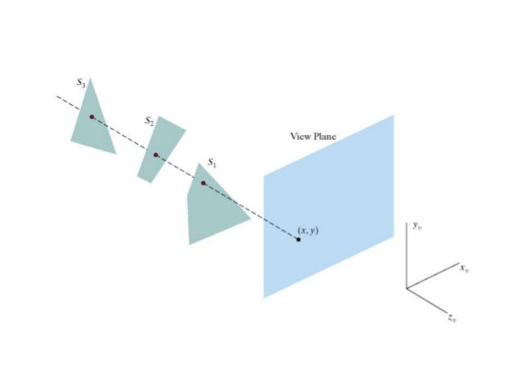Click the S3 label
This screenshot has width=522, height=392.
pos(79,83)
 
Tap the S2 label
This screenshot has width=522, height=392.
pos(148,121)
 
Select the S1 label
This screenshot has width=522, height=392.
pos(212,164)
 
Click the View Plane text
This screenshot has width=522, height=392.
pos(313,136)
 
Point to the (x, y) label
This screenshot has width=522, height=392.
pos(308,231)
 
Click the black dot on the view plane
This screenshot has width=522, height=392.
pos(298,240)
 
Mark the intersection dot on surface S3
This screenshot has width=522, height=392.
pos(92,117)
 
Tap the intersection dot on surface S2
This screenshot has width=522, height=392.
pos(155,155)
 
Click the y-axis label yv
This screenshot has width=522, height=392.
pos(416,224)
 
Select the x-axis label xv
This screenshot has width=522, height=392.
pos(463,268)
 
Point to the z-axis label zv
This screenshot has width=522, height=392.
pos(452,318)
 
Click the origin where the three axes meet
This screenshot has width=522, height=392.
pos(407,288)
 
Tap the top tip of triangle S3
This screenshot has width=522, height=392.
pos(91,79)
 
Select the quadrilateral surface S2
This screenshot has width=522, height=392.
pos(161,147)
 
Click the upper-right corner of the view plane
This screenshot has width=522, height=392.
pos(394,115)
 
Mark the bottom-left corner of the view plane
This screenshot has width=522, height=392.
pos(263,297)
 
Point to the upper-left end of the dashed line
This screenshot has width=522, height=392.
pos(56,96)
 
